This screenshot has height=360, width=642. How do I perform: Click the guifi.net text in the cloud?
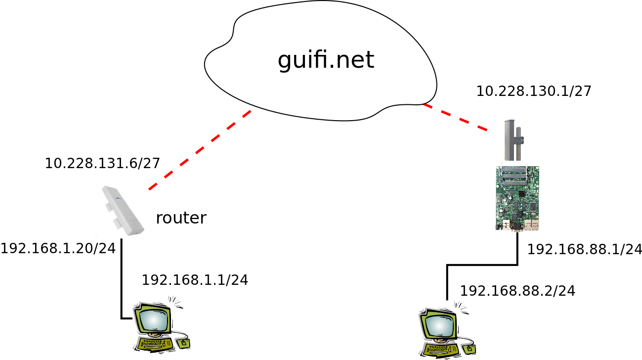coord(326,60)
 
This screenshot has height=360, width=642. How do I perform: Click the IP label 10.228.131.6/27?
coord(102,163)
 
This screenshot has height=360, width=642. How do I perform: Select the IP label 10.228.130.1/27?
coord(534,91)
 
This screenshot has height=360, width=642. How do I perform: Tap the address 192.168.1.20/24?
coord(58,248)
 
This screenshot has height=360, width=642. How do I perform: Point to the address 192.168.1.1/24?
coord(195,280)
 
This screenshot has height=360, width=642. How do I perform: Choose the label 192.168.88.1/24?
coord(585,249)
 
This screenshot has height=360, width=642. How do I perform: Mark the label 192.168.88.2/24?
coord(517,291)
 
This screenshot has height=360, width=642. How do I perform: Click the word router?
coord(181,218)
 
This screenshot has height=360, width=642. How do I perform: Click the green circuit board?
coord(517,198)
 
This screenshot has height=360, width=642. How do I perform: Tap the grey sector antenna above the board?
coord(513,140)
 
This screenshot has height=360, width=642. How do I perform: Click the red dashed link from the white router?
coord(199,150)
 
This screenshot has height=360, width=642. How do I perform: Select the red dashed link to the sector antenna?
coord(455,118)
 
